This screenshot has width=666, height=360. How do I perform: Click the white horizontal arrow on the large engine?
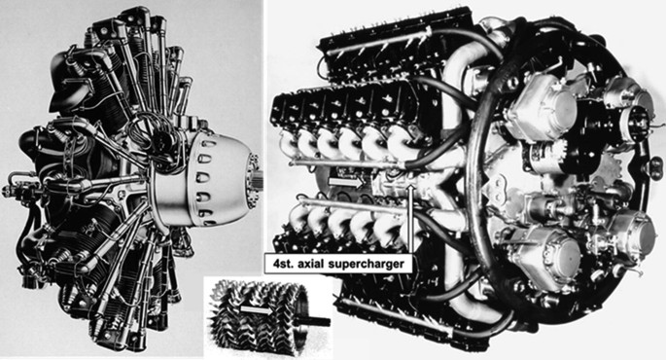(x=346, y=183)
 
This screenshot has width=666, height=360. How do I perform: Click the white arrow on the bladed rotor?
(x=257, y=310)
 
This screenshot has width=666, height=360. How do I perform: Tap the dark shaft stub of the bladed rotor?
(x=316, y=322)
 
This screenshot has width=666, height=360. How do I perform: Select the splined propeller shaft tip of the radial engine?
(x=259, y=178)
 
